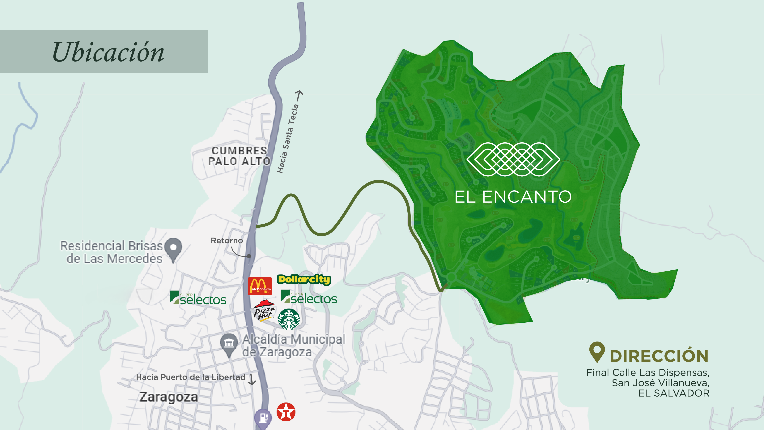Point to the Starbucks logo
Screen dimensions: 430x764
tap(289, 319)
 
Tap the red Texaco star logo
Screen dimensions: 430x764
tap(286, 412)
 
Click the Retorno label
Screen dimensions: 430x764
tap(227, 240)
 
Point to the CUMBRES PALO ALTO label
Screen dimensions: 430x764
tap(239, 156)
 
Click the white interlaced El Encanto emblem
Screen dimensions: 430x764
tap(513, 159)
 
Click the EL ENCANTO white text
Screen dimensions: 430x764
tap(513, 197)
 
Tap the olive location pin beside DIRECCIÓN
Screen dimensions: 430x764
tap(597, 352)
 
